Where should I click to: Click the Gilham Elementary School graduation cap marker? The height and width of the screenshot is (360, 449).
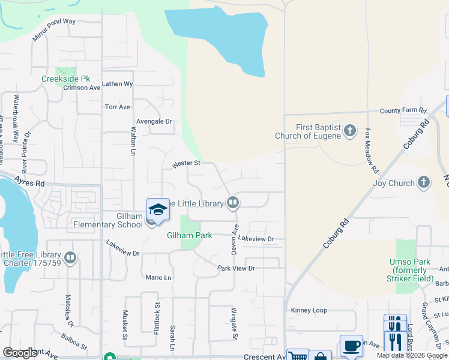pos(158,210)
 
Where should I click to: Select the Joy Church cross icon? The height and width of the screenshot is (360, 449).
pos(424,182)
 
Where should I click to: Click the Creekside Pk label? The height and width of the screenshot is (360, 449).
pos(65,79)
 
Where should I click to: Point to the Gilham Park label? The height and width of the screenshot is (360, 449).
pos(189,236)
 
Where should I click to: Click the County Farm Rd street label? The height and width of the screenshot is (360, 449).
pos(403,111)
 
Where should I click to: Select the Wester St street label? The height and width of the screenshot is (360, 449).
pos(185,163)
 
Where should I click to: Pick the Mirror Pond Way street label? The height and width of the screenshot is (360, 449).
pos(54,29)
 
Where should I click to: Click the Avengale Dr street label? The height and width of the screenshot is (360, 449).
pos(154,121)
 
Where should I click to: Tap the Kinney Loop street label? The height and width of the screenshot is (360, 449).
pos(309,310)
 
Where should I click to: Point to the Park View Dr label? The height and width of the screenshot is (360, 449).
pos(236,268)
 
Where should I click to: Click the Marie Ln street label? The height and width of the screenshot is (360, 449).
pos(158,278)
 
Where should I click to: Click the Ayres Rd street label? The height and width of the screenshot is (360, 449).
pos(31,183)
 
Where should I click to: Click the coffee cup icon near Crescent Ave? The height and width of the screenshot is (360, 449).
pos(351,346)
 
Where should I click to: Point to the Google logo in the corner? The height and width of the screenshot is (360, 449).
pos(20,353)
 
